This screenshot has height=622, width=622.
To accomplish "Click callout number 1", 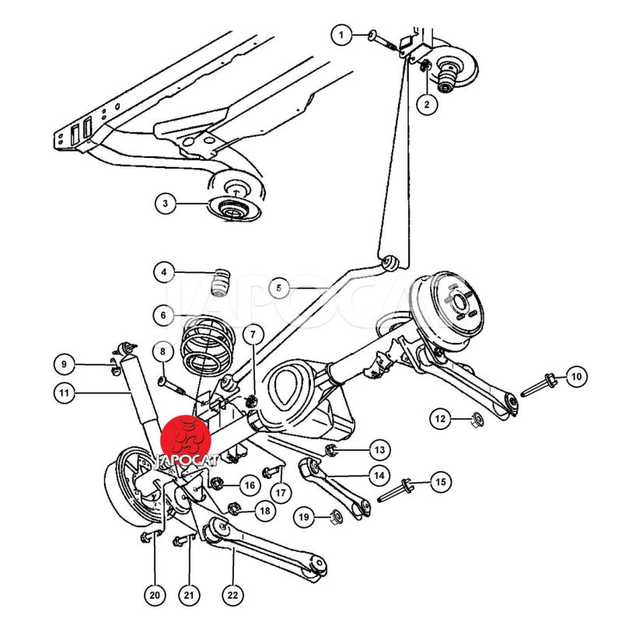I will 340,34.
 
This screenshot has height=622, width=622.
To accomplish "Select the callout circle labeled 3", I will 165,204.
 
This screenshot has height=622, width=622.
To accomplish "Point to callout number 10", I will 575,378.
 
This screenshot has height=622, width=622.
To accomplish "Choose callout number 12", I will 441,420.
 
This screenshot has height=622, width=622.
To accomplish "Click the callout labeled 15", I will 441,483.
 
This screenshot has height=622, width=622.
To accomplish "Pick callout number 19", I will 304,516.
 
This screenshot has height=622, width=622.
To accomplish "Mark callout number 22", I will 232,596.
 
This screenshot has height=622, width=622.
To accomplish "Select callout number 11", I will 65,394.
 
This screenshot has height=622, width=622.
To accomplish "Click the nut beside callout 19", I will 336,515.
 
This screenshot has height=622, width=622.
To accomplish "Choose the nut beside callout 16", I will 217,482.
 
